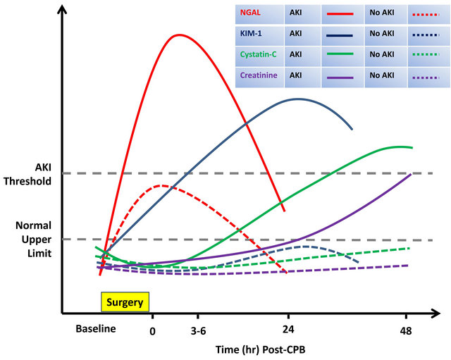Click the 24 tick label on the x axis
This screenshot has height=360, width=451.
(x=288, y=330)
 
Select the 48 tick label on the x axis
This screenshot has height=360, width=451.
(x=405, y=330)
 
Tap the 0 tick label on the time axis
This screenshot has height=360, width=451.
(x=152, y=330)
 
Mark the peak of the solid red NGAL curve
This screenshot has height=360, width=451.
(x=178, y=35)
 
